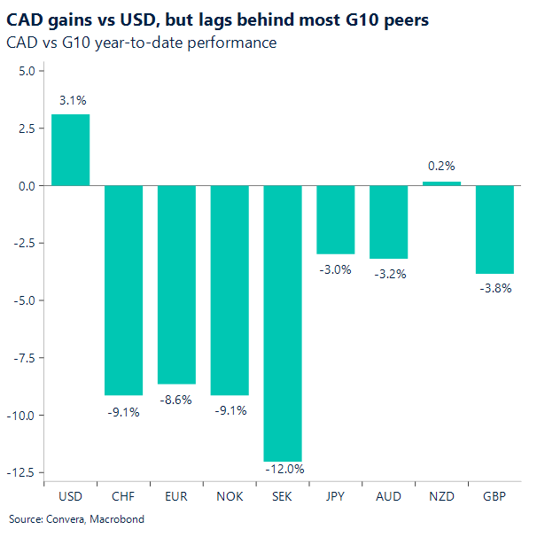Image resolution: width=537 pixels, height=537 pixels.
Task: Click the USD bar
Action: [70, 150]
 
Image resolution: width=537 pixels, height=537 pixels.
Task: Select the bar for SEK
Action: [283, 323]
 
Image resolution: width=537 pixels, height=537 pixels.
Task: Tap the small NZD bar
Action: [441, 183]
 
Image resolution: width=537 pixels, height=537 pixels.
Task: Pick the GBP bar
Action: [494, 230]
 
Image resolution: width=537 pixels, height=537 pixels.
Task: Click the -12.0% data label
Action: [284, 469]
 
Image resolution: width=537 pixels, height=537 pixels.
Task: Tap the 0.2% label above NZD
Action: [441, 166]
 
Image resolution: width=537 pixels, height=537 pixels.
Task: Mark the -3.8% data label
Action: [495, 287]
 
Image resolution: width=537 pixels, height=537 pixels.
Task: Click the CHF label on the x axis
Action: [123, 496]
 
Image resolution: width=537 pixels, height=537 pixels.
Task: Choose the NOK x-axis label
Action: [230, 496]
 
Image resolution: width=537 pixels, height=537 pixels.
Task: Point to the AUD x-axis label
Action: [388, 496]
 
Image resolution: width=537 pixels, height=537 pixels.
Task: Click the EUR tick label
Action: [176, 496]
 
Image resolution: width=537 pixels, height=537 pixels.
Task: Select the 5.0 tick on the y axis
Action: [25, 71]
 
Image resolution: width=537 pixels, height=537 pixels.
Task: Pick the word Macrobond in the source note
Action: [115, 519]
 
